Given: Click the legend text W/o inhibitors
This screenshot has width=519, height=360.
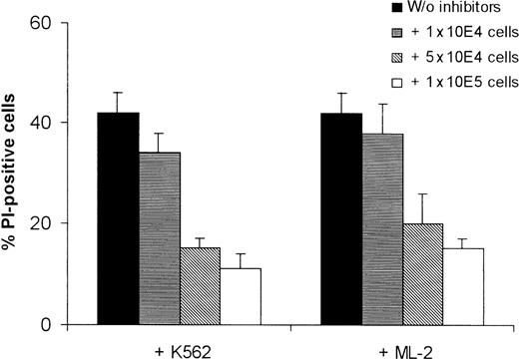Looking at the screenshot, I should coord(444,11).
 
